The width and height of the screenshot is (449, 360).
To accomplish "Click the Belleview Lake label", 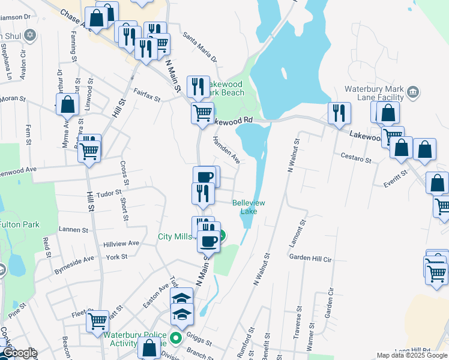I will tap(249, 207).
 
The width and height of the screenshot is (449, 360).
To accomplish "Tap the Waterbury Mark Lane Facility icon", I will tap(412, 92).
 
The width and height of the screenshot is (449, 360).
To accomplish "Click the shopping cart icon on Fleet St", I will tap(97, 320).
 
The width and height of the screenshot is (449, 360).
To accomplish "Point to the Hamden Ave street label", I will tap(226, 150).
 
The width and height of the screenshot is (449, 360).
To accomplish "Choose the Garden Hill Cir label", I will tap(310, 257).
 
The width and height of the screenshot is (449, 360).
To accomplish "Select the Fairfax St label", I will tap(147, 94).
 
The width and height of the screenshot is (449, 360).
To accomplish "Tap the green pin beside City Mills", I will tap(222, 236).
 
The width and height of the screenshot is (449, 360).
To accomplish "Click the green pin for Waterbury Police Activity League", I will tap(175, 338).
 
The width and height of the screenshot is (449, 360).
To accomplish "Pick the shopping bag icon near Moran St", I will tap(68, 104).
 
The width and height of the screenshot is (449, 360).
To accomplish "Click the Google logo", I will tap(19, 353).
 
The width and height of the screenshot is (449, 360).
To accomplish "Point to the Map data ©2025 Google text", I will tap(411, 355).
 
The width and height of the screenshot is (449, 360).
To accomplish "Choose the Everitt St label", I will tap(391, 173).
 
